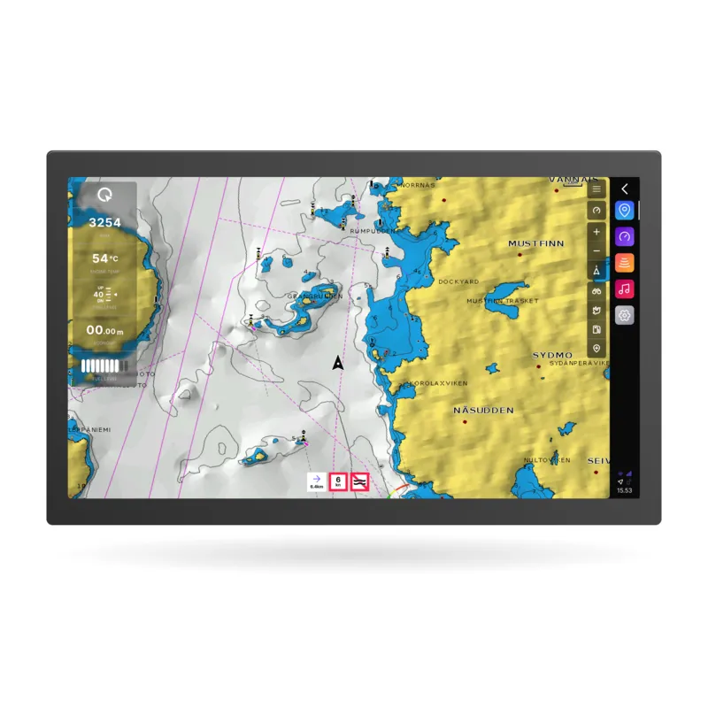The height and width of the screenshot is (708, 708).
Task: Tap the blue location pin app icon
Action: click(x=625, y=211)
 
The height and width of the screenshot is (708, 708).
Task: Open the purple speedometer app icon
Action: click(x=625, y=237)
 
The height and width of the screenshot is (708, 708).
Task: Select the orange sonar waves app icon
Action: click(x=625, y=263)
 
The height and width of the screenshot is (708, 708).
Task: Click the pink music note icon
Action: click(x=625, y=289)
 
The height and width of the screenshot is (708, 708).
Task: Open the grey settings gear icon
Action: click(x=625, y=315)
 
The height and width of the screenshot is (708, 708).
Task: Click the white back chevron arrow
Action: click(x=625, y=189)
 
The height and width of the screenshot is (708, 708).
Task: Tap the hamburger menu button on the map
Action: click(x=596, y=189)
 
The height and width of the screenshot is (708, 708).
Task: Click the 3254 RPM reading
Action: click(x=105, y=222)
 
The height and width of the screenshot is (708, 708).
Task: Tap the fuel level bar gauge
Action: click(x=104, y=366)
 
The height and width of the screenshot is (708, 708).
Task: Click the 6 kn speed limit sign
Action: click(x=338, y=481)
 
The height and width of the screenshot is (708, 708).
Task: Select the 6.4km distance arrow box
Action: click(x=316, y=481)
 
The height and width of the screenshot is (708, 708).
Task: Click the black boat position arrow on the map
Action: click(x=337, y=362)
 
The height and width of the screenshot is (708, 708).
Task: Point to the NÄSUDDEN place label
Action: click(x=483, y=411)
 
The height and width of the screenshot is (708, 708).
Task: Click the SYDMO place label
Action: click(x=552, y=355)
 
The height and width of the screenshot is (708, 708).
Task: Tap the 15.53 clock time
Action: click(x=625, y=489)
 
